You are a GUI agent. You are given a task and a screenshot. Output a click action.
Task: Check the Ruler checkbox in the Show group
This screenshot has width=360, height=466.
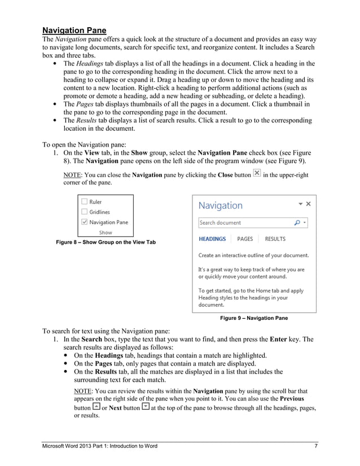(84, 202)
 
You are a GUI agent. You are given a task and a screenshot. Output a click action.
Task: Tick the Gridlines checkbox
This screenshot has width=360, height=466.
(84, 212)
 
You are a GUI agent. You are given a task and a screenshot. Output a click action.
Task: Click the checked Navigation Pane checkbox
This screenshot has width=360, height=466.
(84, 222)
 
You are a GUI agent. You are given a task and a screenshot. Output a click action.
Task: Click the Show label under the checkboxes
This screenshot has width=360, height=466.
(106, 232)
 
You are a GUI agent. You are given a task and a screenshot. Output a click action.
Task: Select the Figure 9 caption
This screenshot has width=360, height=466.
(254, 318)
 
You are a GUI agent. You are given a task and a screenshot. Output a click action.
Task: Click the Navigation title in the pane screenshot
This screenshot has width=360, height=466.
(221, 206)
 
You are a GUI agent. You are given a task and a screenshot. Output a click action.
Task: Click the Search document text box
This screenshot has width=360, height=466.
(243, 223)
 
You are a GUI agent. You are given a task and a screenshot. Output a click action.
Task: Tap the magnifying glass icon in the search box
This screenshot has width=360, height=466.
(297, 223)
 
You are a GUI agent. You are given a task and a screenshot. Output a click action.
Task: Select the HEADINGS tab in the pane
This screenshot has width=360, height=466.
(212, 239)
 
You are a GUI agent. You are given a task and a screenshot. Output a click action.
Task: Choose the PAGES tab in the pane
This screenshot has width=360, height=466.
(244, 239)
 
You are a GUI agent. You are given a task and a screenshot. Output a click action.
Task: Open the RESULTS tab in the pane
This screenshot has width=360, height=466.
(275, 239)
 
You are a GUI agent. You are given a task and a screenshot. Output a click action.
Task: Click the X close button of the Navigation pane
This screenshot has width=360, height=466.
(309, 204)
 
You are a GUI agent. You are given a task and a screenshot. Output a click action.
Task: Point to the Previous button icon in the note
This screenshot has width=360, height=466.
(96, 407)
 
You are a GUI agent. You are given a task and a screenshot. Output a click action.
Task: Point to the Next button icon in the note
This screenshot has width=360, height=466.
(146, 407)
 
